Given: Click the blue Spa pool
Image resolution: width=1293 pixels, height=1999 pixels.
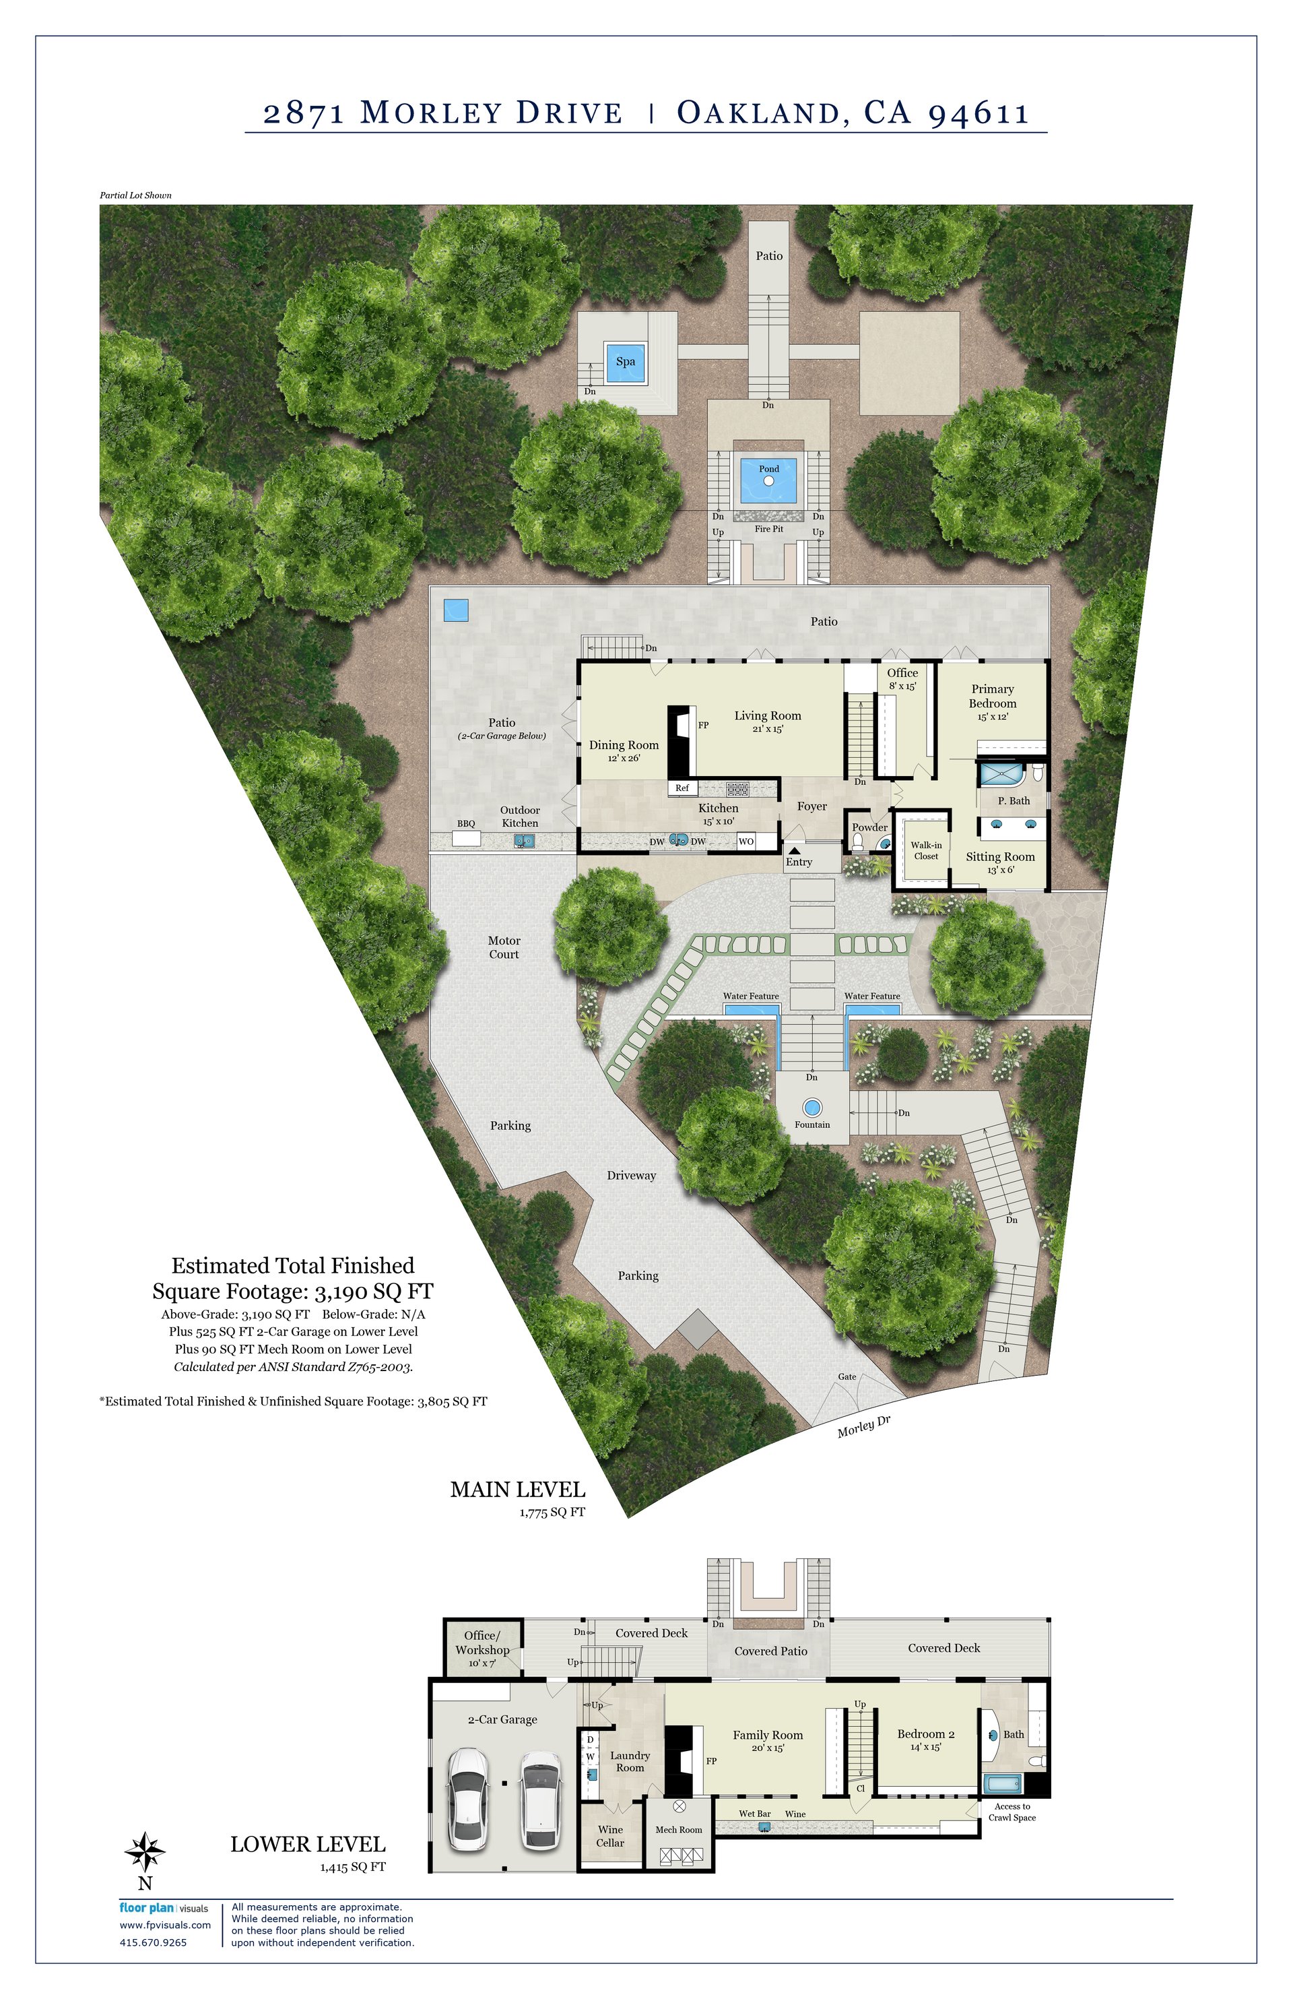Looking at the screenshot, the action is [x=626, y=362].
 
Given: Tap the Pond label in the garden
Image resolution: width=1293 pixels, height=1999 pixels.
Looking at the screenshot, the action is [x=769, y=469].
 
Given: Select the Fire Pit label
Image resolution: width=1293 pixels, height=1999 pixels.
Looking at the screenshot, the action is [x=769, y=529].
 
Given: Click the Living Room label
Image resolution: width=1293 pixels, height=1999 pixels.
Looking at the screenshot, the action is [x=768, y=716].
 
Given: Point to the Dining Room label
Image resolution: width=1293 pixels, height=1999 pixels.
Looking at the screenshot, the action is [x=624, y=745].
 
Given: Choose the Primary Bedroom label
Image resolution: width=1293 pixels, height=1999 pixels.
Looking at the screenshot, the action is [x=993, y=696].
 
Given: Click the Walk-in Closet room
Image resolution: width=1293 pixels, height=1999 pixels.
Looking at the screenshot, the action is [x=926, y=850].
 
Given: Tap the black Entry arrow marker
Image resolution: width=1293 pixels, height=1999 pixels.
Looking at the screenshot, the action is [x=794, y=851].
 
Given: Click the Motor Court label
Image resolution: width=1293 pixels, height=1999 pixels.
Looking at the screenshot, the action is [x=504, y=947].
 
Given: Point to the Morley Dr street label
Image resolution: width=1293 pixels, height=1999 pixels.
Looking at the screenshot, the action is [x=863, y=1426].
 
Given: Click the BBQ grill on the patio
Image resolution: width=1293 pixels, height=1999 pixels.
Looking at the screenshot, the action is [x=466, y=838].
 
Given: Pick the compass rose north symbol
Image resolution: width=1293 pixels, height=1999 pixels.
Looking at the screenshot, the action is [x=144, y=1850].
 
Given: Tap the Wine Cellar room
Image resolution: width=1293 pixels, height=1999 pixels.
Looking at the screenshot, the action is [x=610, y=1836].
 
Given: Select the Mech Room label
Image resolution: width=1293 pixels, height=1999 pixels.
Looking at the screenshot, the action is [x=678, y=1829].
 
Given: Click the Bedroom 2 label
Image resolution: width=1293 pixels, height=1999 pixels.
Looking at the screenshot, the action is [x=925, y=1734].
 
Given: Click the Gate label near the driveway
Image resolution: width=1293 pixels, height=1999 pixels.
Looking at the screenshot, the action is [x=847, y=1376].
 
